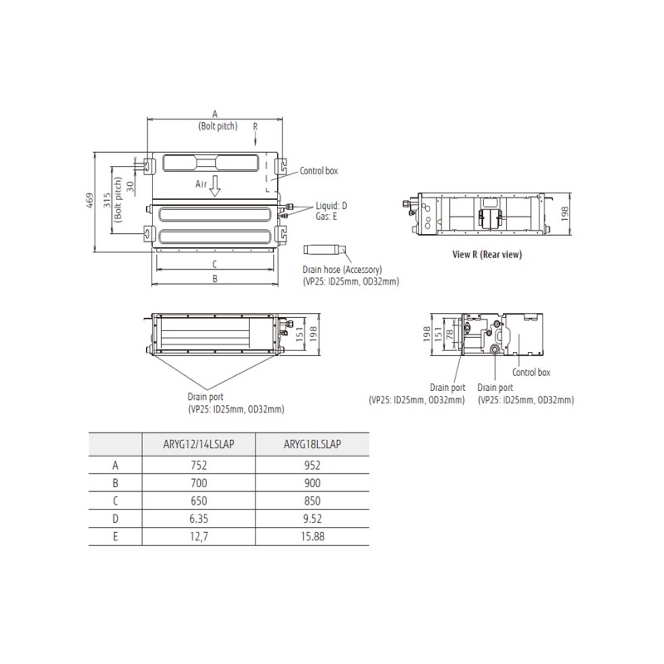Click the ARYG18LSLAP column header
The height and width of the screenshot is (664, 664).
point(312,444)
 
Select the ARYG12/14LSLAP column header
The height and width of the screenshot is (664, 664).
point(198,444)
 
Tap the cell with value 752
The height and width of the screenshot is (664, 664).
point(198,466)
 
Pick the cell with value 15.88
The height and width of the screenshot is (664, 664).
point(313,536)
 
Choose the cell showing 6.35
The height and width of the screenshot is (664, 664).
point(198,519)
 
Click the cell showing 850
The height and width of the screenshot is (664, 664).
point(312,501)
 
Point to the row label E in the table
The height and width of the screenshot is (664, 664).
point(115,536)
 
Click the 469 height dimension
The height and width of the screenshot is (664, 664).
point(90,200)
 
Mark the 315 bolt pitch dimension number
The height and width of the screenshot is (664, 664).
point(107,200)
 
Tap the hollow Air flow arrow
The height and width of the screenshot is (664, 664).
point(215,185)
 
